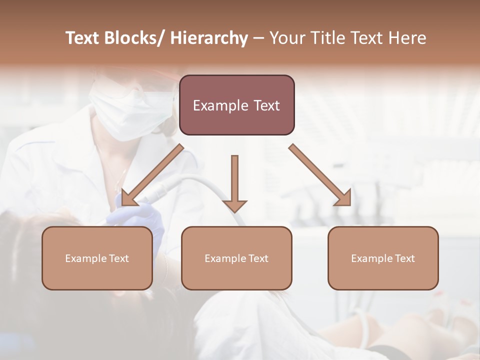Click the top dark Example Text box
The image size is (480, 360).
236,105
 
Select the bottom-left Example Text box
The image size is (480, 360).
97,258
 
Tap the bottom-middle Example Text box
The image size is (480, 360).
236,258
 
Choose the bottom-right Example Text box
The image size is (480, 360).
383,258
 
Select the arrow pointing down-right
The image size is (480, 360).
320,175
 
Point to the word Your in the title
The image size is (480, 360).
287,38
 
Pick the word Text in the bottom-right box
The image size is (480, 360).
404,258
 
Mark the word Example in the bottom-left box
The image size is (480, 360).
83,258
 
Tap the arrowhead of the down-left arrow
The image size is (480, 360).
127,198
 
